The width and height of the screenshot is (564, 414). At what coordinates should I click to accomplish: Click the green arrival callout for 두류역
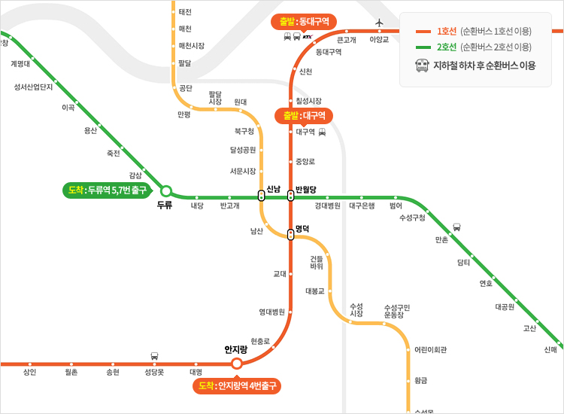(105, 190)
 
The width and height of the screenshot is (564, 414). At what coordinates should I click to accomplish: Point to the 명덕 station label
(302, 227)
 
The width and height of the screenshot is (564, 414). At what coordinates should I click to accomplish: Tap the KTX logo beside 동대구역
(307, 36)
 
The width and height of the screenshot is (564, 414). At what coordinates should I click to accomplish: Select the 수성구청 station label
(412, 218)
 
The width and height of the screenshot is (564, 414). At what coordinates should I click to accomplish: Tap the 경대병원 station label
(328, 205)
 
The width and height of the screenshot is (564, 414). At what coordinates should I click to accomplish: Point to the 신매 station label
(550, 349)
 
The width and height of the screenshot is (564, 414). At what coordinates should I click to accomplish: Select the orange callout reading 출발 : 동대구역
(304, 22)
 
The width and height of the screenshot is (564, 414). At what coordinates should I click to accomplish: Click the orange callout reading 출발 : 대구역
(304, 116)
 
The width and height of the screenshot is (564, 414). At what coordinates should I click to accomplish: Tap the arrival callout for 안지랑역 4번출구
(237, 386)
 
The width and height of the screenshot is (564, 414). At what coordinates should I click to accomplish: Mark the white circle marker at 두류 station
(166, 191)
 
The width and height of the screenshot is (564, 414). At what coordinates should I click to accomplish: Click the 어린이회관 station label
(431, 349)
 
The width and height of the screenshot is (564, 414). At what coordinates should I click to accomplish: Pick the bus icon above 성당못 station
(155, 355)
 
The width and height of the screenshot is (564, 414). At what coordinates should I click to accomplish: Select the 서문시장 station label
(243, 170)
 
